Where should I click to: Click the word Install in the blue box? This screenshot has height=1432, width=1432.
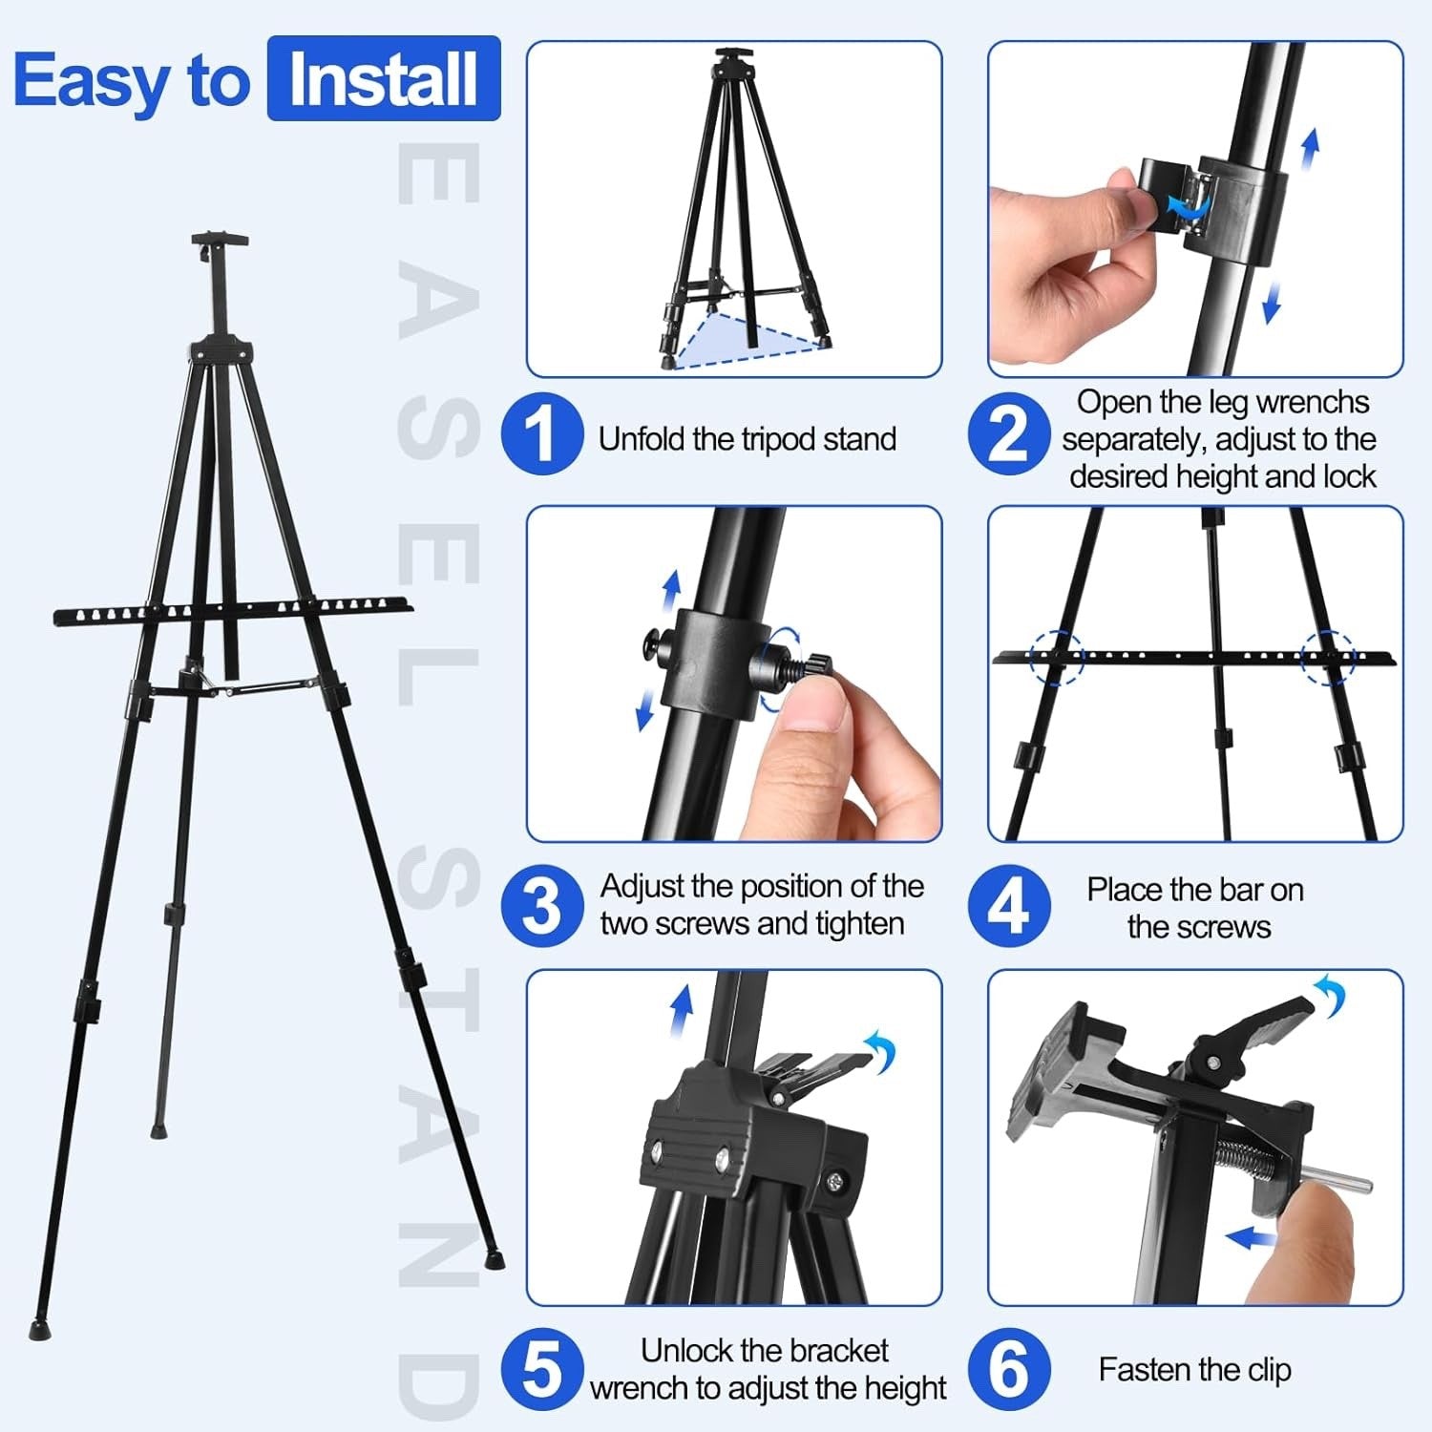click(383, 79)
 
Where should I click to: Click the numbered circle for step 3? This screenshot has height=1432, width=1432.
click(541, 905)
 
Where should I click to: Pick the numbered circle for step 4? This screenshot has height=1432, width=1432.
click(1008, 905)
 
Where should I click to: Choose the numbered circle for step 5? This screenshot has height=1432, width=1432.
click(541, 1369)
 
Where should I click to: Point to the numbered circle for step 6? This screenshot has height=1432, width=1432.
click(1008, 1369)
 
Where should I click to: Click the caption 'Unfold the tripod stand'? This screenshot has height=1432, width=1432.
click(747, 439)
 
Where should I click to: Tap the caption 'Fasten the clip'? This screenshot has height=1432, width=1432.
click(1194, 1370)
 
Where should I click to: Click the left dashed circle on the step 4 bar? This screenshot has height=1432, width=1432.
click(1058, 658)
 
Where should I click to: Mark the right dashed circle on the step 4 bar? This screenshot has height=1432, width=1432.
click(1329, 658)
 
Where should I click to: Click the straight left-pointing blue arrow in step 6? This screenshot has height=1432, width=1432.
click(1251, 1239)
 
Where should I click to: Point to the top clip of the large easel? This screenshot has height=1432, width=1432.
click(219, 243)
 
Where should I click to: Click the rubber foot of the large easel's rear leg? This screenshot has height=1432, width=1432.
click(158, 1132)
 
